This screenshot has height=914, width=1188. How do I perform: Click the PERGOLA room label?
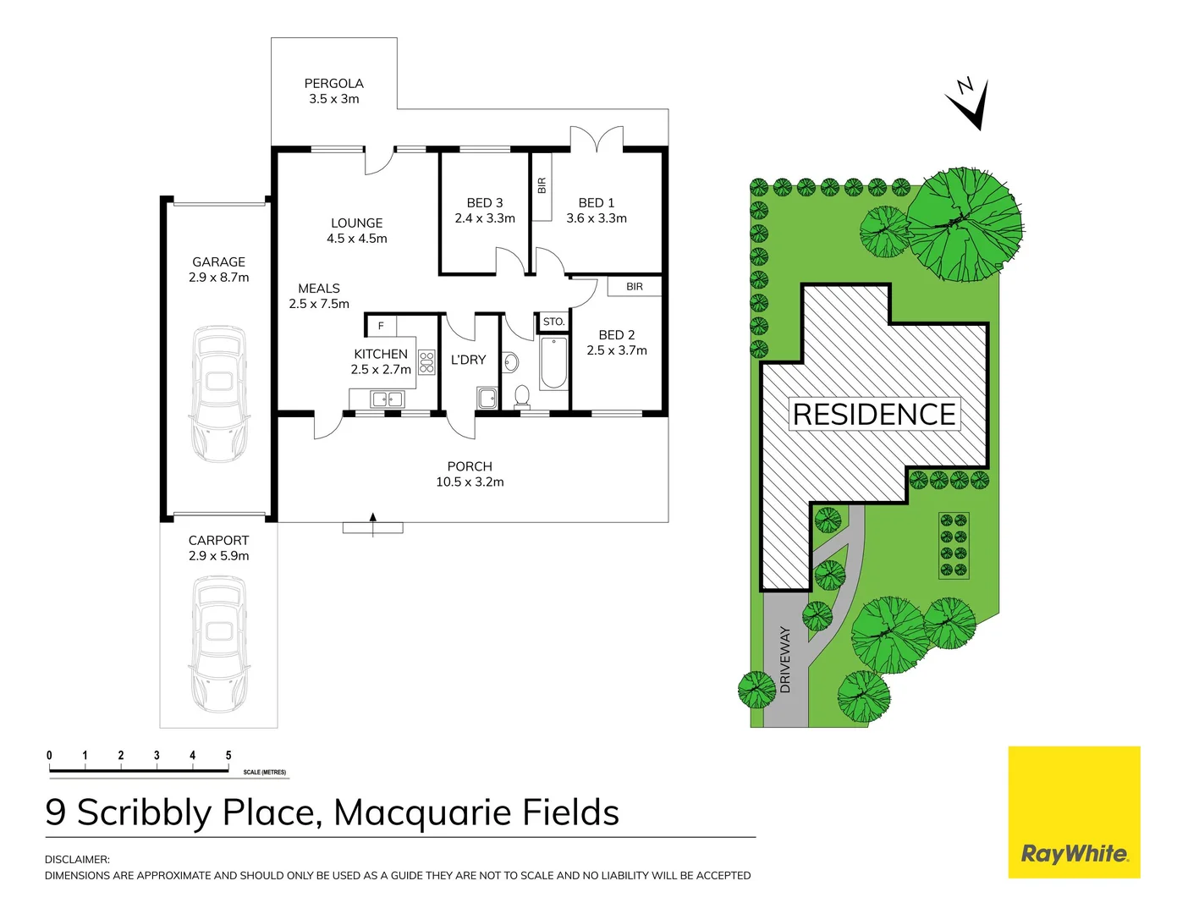(333, 84)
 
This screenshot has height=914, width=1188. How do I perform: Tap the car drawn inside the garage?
(219, 394)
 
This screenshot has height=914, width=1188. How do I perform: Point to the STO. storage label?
(553, 322)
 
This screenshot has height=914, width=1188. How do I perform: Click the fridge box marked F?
(381, 326)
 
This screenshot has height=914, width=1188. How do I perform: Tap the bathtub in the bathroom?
(553, 363)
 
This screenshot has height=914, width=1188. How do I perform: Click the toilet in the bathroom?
(522, 395)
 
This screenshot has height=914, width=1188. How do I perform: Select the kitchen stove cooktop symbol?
(426, 362)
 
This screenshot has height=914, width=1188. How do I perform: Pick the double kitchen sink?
(388, 399)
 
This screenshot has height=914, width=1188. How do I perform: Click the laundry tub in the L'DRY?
(487, 397)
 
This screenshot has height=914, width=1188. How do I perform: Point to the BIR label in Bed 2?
(635, 287)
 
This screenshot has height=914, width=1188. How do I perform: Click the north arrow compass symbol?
(971, 103)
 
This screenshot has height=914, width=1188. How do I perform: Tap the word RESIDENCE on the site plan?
(874, 415)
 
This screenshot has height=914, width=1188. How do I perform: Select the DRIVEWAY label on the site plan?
(785, 660)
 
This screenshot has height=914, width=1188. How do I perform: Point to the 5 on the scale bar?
(228, 756)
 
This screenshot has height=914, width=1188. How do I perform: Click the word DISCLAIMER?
(77, 859)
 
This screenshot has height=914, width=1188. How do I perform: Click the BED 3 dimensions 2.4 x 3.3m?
(485, 218)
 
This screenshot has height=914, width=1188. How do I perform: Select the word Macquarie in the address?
(422, 812)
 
